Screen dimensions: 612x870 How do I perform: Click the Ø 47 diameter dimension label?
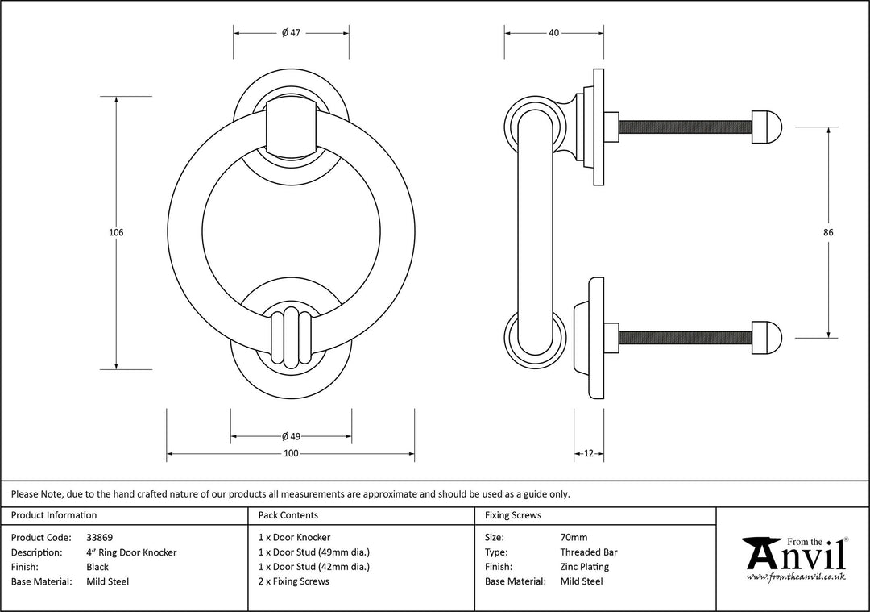coord(291,33)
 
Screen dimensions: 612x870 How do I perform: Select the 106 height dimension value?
coord(116,233)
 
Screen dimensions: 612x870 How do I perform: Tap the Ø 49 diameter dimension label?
coord(291,437)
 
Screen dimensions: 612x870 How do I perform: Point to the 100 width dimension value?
coord(291,454)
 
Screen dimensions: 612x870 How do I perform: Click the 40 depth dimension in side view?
coord(554,33)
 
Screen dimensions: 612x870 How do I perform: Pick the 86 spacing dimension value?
coord(828,233)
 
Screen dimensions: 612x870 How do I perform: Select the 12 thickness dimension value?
coord(589,454)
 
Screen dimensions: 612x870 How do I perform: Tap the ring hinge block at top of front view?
coord(291,126)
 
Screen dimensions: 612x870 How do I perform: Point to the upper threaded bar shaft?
coord(685,127)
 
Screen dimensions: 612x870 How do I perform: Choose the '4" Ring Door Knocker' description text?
coord(131,552)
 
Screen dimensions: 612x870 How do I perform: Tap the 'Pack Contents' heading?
coord(288,515)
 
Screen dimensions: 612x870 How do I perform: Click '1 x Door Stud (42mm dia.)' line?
coord(314,567)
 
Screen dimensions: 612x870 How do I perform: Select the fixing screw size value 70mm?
coord(574,538)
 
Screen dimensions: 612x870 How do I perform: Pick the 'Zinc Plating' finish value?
coord(584,567)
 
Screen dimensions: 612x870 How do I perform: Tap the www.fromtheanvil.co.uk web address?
coord(796,577)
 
